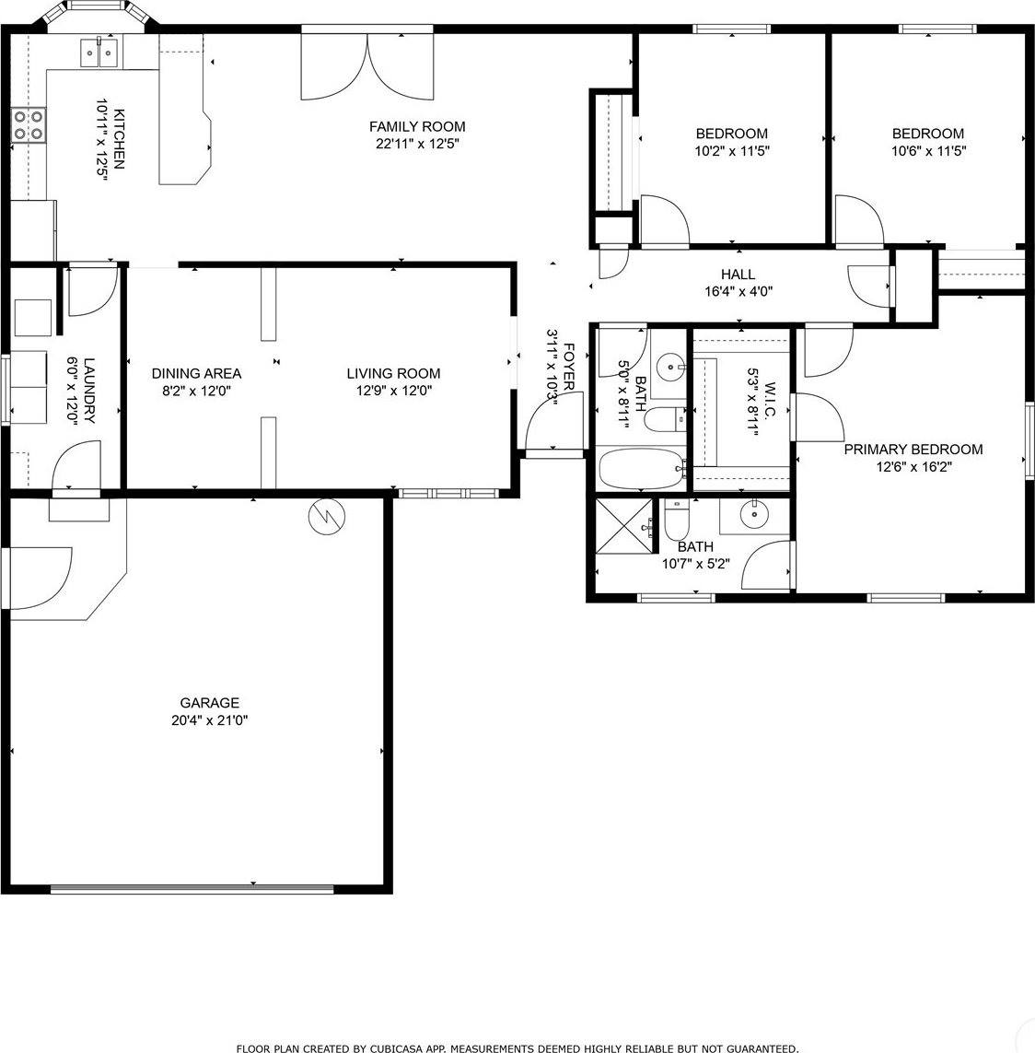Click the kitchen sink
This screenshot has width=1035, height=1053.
[99, 53]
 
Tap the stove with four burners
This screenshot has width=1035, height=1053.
[29, 125]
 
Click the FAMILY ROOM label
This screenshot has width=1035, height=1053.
[417, 127]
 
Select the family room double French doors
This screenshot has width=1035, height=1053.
[366, 64]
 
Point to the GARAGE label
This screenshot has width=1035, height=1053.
[209, 703]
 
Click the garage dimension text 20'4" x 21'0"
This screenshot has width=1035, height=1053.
[209, 720]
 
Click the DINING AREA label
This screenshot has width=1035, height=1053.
[196, 373]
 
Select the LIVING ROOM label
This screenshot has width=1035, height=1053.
[393, 373]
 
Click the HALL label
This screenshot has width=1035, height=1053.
[738, 275]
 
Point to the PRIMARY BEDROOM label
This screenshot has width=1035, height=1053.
[913, 450]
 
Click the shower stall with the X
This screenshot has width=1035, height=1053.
[624, 525]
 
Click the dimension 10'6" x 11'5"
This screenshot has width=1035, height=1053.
[927, 151]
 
